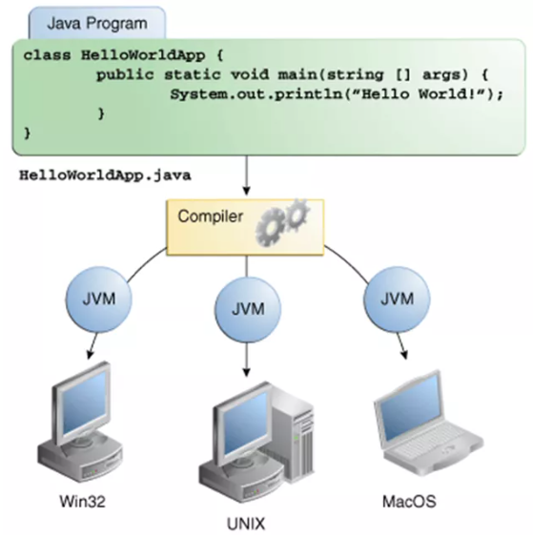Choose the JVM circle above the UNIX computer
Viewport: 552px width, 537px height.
click(x=247, y=309)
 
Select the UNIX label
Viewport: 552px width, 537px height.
click(x=246, y=523)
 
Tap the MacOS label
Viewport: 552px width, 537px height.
click(x=410, y=500)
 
